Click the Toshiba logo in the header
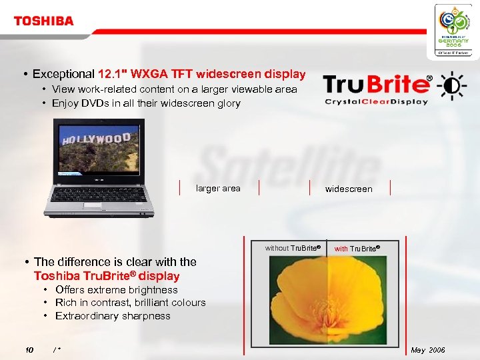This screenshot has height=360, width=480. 43,21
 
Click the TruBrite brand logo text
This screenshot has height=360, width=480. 376,85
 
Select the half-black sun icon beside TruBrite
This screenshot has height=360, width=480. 451,85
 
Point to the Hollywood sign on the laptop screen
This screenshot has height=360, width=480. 96,140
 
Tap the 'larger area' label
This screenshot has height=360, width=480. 218,189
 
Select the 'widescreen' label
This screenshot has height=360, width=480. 349,189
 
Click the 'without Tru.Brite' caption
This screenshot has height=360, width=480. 293,249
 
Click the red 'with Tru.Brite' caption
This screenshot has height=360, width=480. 357,249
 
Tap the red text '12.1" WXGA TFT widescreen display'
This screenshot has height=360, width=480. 201,74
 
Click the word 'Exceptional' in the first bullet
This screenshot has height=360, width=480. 64,74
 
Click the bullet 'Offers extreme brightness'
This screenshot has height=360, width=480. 116,290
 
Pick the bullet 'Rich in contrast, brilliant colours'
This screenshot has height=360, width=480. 130,303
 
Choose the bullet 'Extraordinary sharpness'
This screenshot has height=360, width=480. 113,316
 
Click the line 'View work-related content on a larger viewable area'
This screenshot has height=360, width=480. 174,89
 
